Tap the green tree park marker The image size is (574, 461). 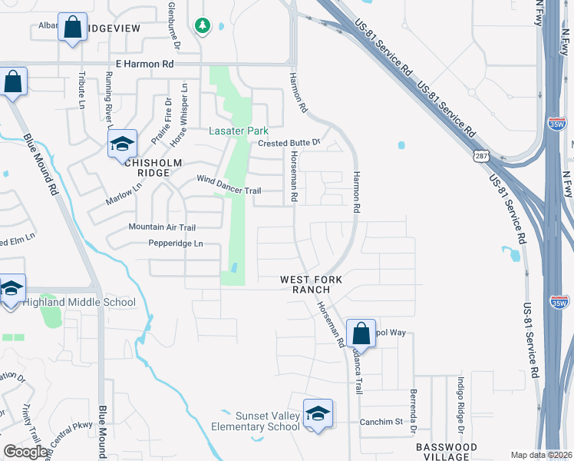pyautogui.click(x=203, y=27)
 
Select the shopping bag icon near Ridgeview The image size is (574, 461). pyautogui.click(x=73, y=28)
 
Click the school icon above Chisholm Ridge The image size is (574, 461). pyautogui.click(x=121, y=144)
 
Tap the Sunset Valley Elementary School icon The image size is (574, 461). pyautogui.click(x=317, y=414)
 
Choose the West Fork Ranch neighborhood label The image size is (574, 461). pyautogui.click(x=305, y=284)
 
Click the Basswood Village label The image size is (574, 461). pyautogui.click(x=446, y=451)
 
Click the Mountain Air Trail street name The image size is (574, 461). pyautogui.click(x=162, y=227)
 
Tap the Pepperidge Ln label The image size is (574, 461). pyautogui.click(x=176, y=244)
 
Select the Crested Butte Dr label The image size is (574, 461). pyautogui.click(x=288, y=144)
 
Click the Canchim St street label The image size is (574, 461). pyautogui.click(x=381, y=422)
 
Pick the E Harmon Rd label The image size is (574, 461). pyautogui.click(x=144, y=65)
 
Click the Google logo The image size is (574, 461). pyautogui.click(x=26, y=452)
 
